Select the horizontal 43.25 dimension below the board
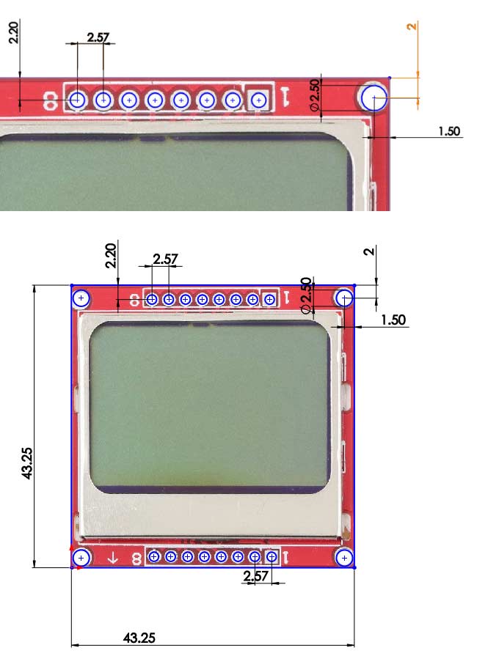[139, 637]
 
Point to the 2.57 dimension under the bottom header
[256, 577]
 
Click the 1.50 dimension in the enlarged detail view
[448, 131]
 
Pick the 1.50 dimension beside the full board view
[393, 320]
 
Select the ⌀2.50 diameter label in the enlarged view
[315, 95]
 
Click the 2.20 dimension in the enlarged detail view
[14, 32]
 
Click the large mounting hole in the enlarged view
[374, 97]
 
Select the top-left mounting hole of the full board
[81, 298]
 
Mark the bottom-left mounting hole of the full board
[81, 559]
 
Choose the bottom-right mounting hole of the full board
[344, 558]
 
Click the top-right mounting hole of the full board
[344, 298]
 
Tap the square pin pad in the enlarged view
[258, 99]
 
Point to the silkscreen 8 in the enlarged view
[50, 100]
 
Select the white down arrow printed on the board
[112, 558]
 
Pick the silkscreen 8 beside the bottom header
[135, 559]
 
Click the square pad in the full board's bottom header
[271, 557]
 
